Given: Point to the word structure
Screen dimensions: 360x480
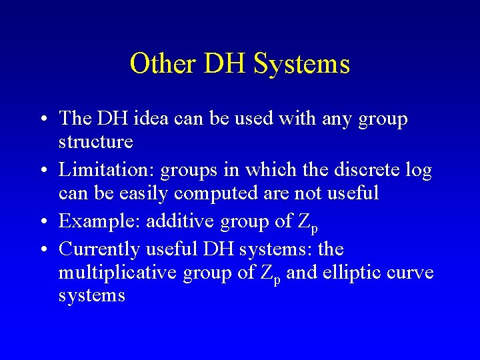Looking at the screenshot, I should tap(96, 141).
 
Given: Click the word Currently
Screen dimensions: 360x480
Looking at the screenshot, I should tap(99, 249).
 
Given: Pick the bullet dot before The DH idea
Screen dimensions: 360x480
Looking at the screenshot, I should tap(43, 119).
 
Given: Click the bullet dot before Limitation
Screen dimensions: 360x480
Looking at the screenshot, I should tap(43, 171).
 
